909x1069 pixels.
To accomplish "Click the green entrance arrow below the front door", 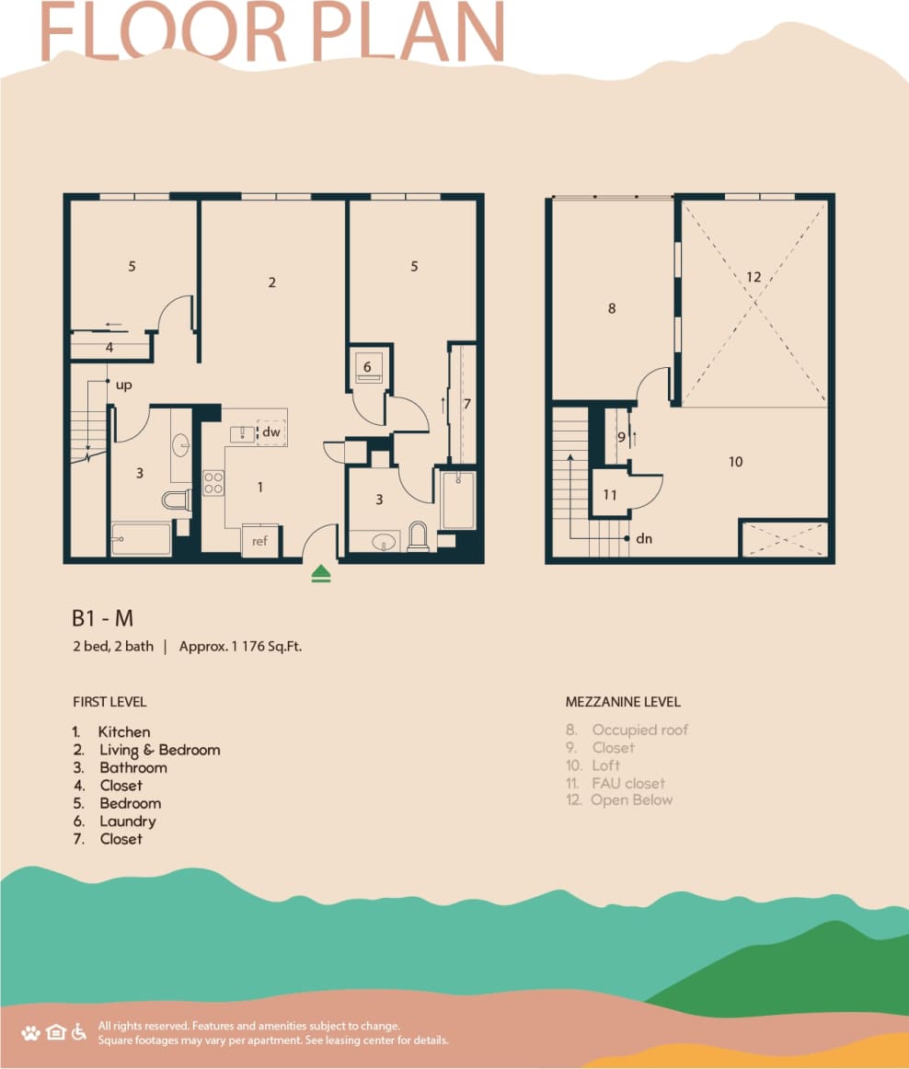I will (320, 574).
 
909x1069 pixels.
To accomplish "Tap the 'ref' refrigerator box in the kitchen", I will (259, 541).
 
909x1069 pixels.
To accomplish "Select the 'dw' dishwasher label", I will (270, 431).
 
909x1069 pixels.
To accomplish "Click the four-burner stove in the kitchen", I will (213, 483).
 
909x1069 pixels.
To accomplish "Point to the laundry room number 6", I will (367, 366).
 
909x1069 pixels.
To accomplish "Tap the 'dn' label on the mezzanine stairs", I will (644, 538).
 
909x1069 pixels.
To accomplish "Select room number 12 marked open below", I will (754, 276).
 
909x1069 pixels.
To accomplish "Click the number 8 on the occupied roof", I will (612, 309).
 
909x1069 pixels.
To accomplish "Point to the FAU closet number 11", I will (610, 495).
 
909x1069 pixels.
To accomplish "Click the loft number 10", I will (735, 462).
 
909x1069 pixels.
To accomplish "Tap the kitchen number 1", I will (260, 487).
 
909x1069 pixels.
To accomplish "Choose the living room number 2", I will (272, 282).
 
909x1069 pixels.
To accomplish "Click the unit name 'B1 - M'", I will (103, 618).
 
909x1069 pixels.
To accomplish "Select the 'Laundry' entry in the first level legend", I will (128, 821).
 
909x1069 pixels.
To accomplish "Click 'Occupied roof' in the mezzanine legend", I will (639, 730).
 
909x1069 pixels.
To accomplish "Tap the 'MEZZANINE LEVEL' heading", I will (623, 702).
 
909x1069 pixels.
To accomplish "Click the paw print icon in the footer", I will (30, 1032).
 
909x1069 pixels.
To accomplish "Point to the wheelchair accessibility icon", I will (80, 1031).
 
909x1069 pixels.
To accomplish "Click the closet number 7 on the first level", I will (467, 403).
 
